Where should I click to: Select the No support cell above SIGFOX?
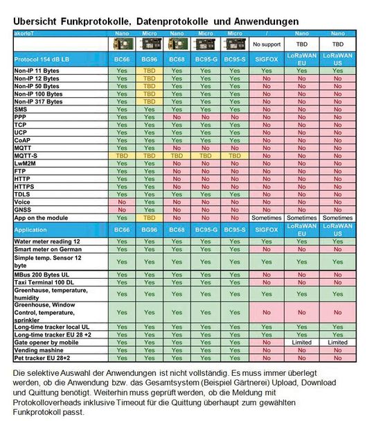[x=264, y=43]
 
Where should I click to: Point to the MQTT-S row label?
[x=27, y=156]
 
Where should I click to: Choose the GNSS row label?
[x=24, y=209]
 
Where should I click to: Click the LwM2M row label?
[x=26, y=164]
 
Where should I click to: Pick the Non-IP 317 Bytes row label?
[x=39, y=102]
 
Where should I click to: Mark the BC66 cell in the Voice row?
[x=122, y=201]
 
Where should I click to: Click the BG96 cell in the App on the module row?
[x=150, y=217]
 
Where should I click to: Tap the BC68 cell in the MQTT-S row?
[x=177, y=156]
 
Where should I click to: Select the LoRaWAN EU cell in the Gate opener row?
[x=302, y=342]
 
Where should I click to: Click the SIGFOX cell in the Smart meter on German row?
[x=264, y=249]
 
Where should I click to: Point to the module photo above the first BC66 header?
[x=122, y=43]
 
